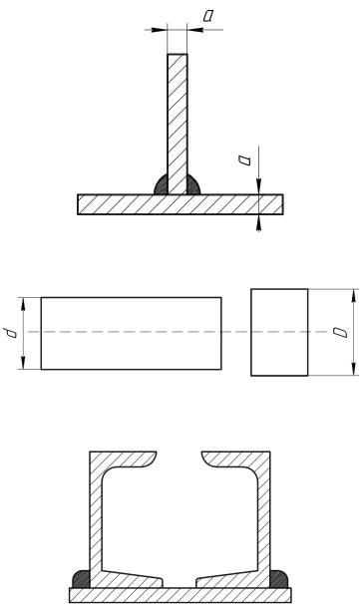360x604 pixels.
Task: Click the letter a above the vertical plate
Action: point(208,16)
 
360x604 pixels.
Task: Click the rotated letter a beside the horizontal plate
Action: point(244,160)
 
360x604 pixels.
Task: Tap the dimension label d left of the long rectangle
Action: point(10,333)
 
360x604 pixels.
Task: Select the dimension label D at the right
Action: point(341,333)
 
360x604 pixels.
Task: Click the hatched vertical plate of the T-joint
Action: point(178,124)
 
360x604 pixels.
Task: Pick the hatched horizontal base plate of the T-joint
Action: point(180,204)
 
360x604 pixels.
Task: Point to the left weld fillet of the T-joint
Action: point(162,185)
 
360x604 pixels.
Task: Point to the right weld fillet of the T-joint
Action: point(193,185)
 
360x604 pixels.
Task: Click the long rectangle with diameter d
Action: point(131,333)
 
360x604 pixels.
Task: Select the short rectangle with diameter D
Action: point(279,332)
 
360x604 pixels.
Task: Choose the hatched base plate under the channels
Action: point(180,595)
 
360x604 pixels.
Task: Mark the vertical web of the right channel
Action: point(263,520)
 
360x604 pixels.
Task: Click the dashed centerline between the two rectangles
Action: point(236,332)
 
